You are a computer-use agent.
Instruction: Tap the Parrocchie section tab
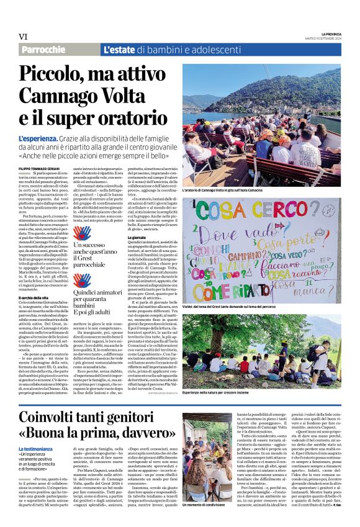[43, 50]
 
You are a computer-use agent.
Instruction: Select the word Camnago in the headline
[59, 97]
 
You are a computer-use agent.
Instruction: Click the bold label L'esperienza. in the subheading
[38, 137]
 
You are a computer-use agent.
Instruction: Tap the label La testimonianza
[39, 431]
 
